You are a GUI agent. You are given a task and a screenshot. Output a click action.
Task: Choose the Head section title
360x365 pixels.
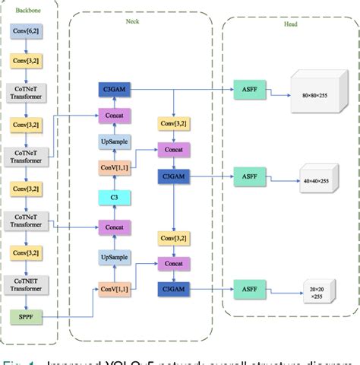(x=291, y=25)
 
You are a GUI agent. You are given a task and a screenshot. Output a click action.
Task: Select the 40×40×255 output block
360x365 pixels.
(x=318, y=180)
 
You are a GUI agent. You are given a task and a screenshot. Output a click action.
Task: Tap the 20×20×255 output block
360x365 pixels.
(x=318, y=291)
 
